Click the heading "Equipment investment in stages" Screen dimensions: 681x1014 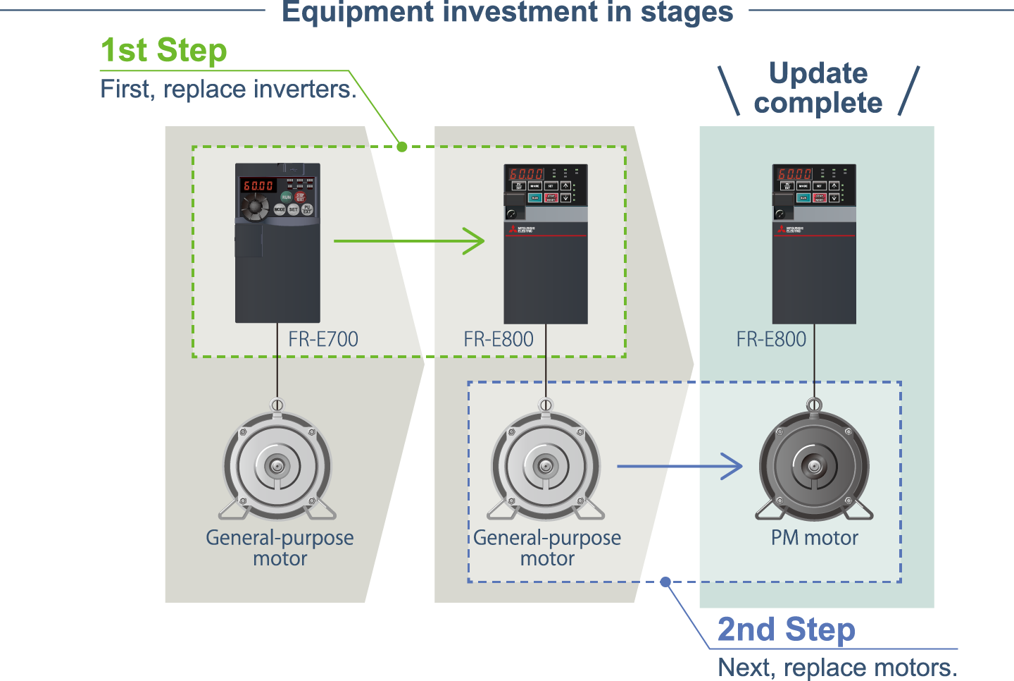(507, 13)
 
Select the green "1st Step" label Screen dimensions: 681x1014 (164, 51)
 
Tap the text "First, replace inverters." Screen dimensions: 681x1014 (228, 90)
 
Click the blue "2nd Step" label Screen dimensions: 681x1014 (786, 630)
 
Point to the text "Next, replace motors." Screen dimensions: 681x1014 (837, 667)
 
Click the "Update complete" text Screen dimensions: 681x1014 (818, 88)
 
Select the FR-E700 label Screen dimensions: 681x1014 (323, 339)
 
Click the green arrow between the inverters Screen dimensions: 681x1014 (408, 241)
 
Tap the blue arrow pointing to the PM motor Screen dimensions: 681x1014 (680, 466)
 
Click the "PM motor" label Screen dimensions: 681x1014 (815, 538)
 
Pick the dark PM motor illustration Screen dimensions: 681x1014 (814, 466)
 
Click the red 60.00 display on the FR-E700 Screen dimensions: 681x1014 (258, 185)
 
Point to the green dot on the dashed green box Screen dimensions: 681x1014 (401, 147)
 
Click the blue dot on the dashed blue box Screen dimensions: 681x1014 (665, 582)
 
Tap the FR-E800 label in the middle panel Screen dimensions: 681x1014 (499, 339)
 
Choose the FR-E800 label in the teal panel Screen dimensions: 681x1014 (771, 339)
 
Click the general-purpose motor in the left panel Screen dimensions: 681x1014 (277, 466)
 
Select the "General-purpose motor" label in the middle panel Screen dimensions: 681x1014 (547, 548)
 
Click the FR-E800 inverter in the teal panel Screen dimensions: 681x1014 (814, 244)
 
